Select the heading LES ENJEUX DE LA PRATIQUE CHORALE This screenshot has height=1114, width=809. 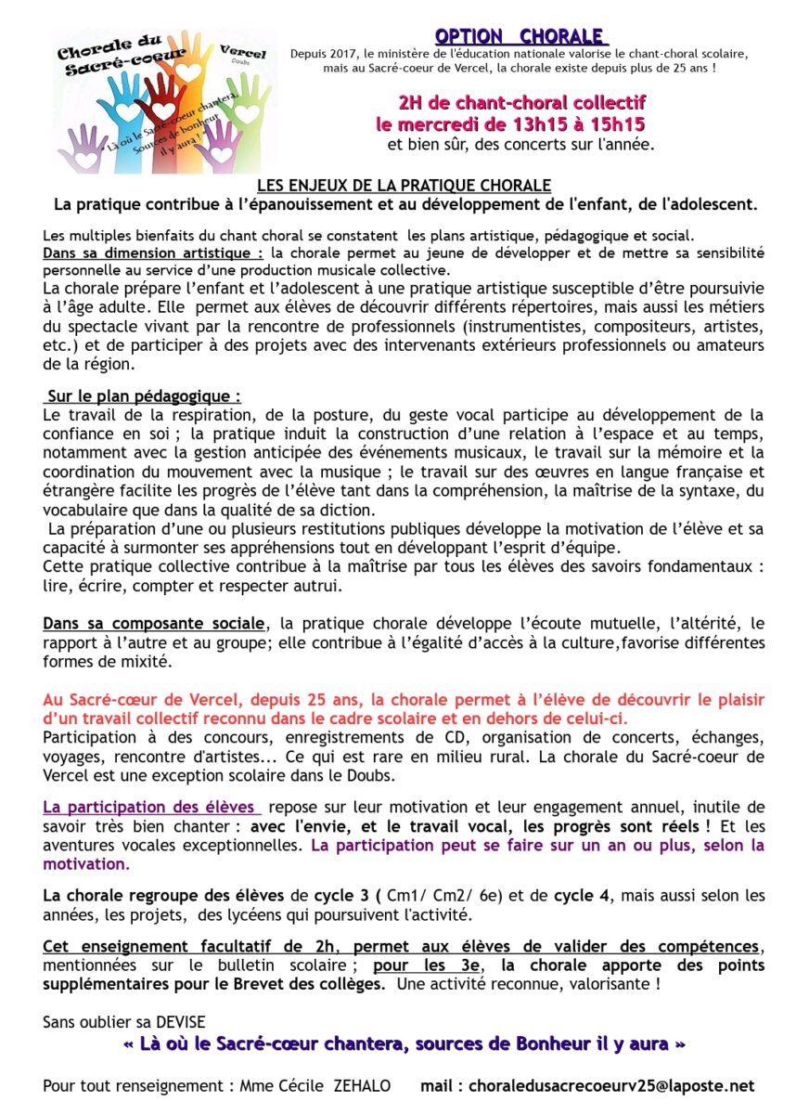tap(404, 186)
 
